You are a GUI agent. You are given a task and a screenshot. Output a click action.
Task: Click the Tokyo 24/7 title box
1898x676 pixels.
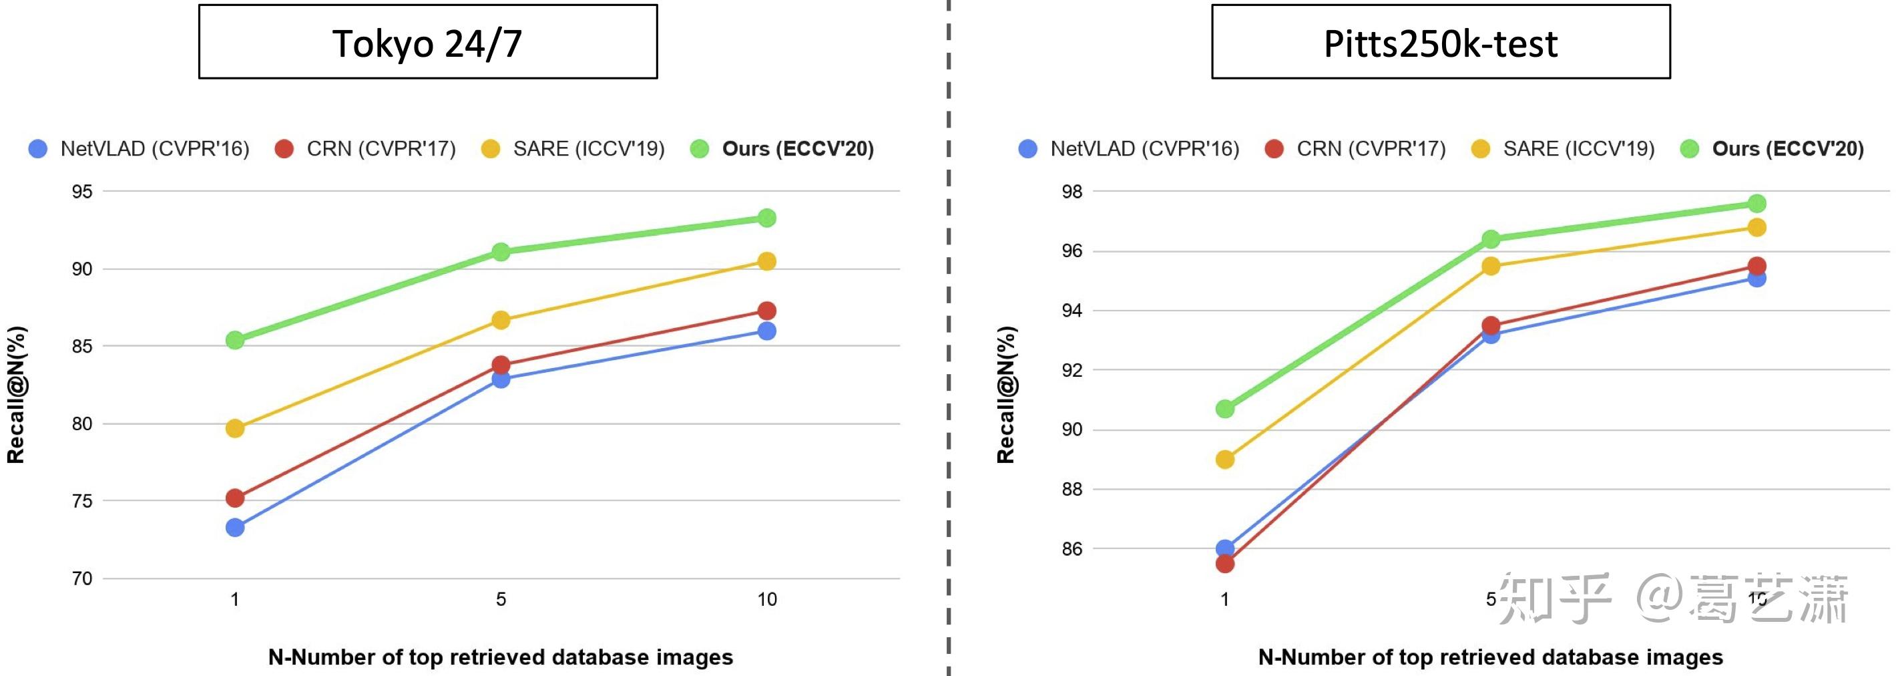point(427,42)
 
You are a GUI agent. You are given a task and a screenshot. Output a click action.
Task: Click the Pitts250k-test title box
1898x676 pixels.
point(1441,42)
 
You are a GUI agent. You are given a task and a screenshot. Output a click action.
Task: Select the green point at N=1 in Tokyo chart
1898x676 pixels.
point(235,340)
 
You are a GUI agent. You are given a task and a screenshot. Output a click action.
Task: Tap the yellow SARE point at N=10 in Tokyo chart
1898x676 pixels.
point(766,261)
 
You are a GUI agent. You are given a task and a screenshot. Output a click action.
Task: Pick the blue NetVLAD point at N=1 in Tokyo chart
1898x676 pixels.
point(235,527)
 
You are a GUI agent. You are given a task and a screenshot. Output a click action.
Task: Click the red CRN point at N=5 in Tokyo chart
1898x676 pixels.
point(501,365)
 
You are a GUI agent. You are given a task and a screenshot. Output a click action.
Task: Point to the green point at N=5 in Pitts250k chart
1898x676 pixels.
point(1491,239)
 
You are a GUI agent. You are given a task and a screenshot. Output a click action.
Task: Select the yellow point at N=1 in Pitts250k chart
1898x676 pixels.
point(1224,460)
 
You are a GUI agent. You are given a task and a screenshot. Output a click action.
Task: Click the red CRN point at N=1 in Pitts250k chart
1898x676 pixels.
point(1224,564)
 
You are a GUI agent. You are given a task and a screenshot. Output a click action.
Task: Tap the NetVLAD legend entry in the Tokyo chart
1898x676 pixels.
point(140,149)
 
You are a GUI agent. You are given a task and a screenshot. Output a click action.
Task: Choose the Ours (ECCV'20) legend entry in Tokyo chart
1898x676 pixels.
point(782,149)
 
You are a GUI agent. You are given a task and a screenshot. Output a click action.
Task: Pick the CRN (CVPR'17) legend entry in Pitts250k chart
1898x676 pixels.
point(1356,149)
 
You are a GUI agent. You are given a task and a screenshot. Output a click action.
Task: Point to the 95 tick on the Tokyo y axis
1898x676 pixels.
point(82,192)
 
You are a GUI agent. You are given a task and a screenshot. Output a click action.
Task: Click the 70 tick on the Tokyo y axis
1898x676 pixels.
point(82,578)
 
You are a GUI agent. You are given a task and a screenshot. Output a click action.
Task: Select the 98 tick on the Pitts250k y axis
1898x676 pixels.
point(1072,192)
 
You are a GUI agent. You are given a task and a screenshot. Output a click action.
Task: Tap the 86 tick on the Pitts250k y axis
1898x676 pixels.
point(1072,548)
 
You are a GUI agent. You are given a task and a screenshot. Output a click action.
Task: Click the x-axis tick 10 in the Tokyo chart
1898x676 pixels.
point(766,599)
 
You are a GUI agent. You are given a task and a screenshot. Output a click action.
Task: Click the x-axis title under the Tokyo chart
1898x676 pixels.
point(500,657)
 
